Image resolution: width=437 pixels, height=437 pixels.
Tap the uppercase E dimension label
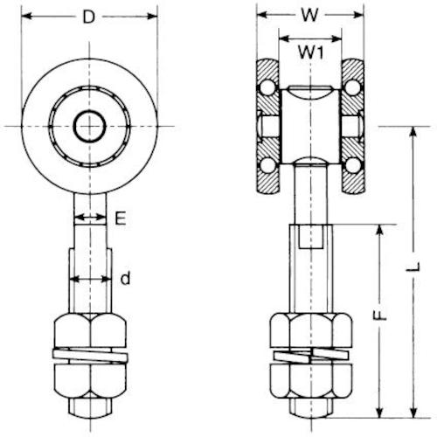point(120,220)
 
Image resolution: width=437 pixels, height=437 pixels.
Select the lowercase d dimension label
point(126,279)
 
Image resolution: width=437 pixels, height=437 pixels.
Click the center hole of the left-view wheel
point(88,128)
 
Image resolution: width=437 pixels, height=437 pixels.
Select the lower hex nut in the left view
point(88,381)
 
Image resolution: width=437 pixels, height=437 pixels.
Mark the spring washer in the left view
point(88,356)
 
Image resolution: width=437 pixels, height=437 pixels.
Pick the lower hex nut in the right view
point(310,381)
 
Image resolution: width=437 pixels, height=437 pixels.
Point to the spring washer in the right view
point(310,356)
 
